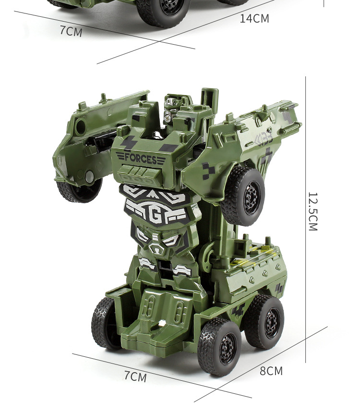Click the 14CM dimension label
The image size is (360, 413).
(254, 19)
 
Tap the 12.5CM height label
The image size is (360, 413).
(313, 211)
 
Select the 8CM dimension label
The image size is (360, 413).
(271, 371)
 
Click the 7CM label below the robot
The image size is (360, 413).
(135, 376)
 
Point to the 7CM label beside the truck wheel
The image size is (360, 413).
(71, 31)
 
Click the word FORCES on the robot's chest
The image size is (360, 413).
(141, 159)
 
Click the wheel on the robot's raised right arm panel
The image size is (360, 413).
(242, 195)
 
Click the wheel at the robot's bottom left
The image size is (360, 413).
(104, 324)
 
